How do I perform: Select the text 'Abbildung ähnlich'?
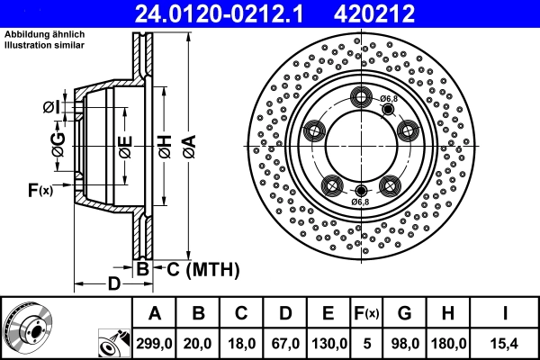tap(44, 35)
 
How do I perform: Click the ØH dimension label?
tap(165, 145)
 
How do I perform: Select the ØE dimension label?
tap(125, 146)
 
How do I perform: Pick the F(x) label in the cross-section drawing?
tap(40, 189)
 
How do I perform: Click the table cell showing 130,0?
tap(328, 344)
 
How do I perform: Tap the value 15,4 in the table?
tap(507, 344)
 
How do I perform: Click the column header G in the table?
tap(404, 314)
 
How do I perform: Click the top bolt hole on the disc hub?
tap(363, 99)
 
